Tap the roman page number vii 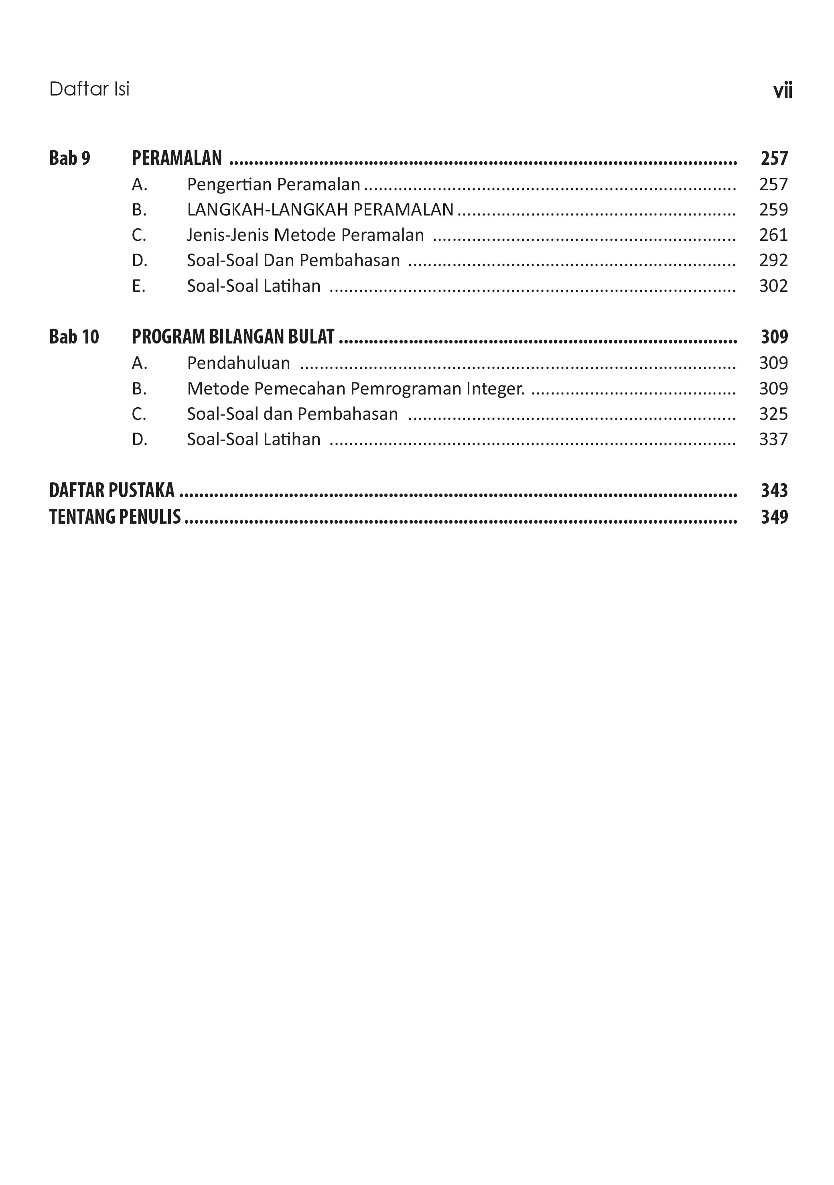[782, 91]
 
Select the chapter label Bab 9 [70, 158]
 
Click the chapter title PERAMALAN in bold [177, 158]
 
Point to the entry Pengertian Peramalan [273, 184]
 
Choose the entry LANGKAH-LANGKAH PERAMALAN [320, 209]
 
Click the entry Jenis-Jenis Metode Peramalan [305, 235]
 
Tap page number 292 [773, 260]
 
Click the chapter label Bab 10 [74, 337]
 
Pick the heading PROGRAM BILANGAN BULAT [233, 337]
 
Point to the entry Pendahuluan [238, 363]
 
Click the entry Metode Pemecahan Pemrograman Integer [355, 388]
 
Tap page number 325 [773, 413]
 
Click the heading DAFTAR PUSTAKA [112, 490]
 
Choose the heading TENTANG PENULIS [115, 516]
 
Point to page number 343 [774, 490]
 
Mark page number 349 [774, 516]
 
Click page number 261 [773, 235]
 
